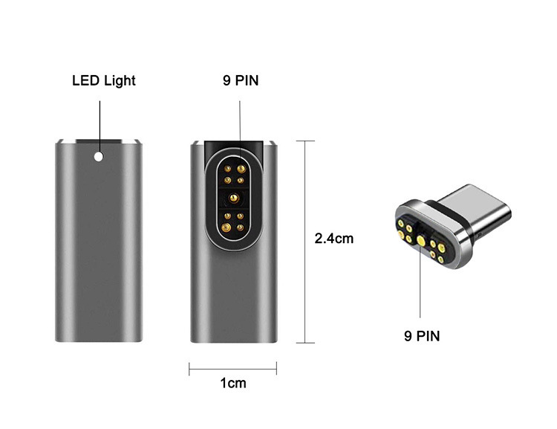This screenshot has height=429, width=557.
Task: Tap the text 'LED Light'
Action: pyautogui.click(x=104, y=80)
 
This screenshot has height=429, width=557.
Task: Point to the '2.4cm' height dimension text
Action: pyautogui.click(x=334, y=239)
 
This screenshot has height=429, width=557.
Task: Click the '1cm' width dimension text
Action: pyautogui.click(x=232, y=384)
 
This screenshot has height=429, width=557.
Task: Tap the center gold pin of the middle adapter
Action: pyautogui.click(x=234, y=199)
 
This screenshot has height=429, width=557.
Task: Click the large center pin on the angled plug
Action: pyautogui.click(x=420, y=240)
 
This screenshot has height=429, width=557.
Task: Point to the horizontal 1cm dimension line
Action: pyautogui.click(x=232, y=367)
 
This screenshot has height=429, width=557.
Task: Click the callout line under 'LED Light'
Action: pyautogui.click(x=99, y=119)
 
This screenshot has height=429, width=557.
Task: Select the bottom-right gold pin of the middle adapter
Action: pyautogui.click(x=241, y=226)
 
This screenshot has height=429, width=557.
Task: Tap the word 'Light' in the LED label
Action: pyautogui.click(x=120, y=80)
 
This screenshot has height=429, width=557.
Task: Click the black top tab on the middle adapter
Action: pyautogui.click(x=234, y=146)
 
